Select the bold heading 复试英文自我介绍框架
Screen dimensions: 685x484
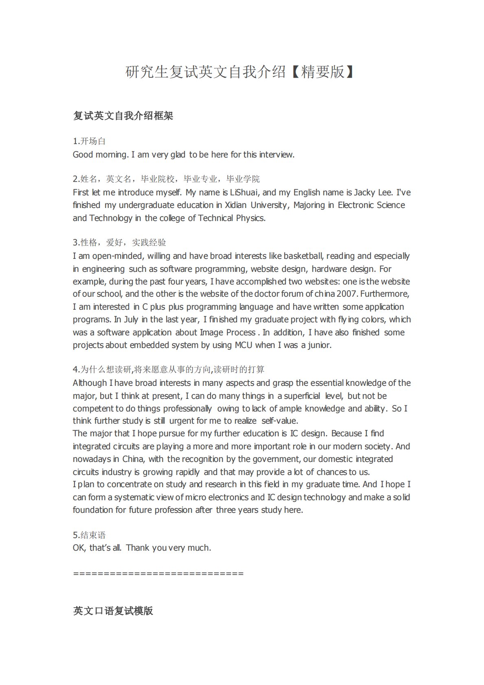[x=123, y=116]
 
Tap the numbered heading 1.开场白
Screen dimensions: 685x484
[x=89, y=141]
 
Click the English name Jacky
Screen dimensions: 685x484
[x=365, y=193]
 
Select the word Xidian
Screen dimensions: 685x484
[x=236, y=205]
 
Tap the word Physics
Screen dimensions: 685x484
[x=250, y=218]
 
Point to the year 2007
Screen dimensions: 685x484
[x=347, y=294]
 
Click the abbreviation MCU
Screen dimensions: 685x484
[x=243, y=345]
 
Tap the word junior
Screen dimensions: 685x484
[x=320, y=345]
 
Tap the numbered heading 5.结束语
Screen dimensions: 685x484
[x=89, y=535]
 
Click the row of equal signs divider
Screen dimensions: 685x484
[x=158, y=573]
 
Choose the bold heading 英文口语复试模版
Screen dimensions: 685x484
[x=113, y=611]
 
